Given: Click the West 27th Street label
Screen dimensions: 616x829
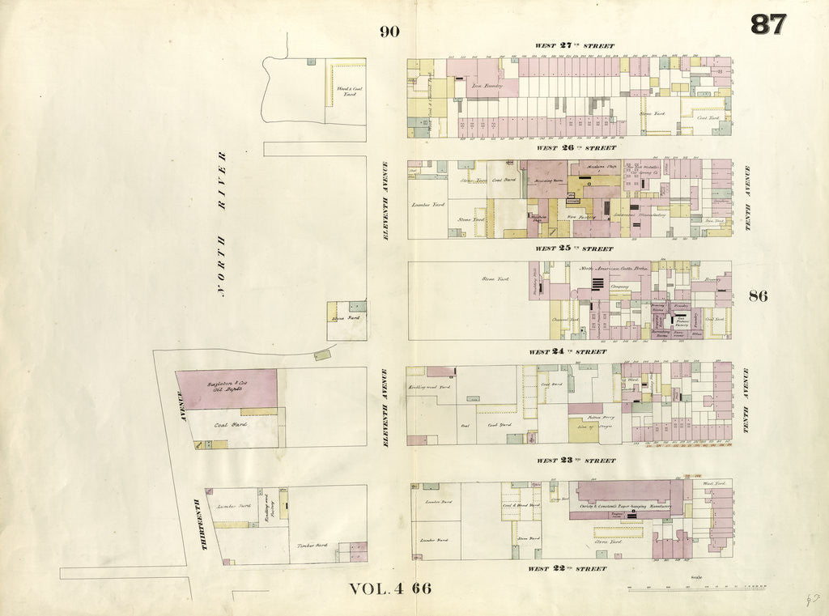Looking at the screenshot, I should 575,46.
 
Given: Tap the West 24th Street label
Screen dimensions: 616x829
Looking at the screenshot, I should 568,352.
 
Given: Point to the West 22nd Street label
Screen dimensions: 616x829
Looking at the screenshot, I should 567,569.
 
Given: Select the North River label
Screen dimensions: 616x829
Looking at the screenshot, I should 221,224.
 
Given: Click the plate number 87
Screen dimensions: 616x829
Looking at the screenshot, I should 767,25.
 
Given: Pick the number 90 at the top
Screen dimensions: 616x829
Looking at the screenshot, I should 389,32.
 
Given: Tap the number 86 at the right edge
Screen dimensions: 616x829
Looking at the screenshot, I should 758,295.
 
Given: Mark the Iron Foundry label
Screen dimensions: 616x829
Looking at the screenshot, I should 489,85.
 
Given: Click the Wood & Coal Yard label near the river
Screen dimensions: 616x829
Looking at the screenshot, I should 349,91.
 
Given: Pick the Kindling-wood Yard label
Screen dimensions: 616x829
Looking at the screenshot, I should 428,388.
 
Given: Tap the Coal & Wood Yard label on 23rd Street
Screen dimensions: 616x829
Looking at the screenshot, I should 521,506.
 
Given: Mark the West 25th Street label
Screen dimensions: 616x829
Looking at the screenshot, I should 575,249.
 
